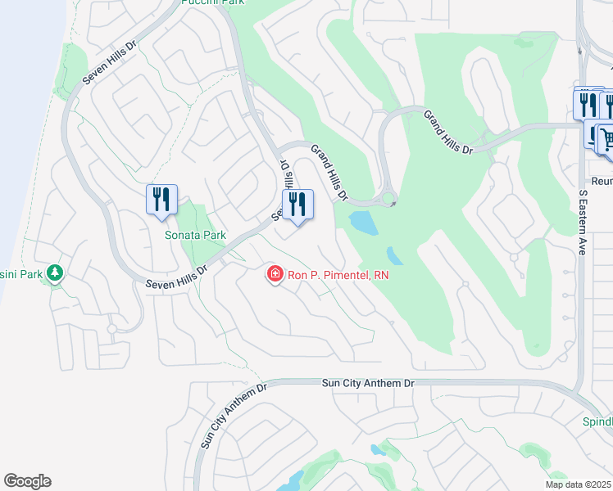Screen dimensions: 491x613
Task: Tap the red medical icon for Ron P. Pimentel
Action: [275, 274]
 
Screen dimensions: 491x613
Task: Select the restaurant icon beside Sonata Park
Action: [161, 199]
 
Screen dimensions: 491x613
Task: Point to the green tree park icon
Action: [55, 273]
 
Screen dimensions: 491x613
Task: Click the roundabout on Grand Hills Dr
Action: [388, 198]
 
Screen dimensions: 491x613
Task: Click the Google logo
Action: [27, 481]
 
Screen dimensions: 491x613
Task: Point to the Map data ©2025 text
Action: [578, 484]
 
